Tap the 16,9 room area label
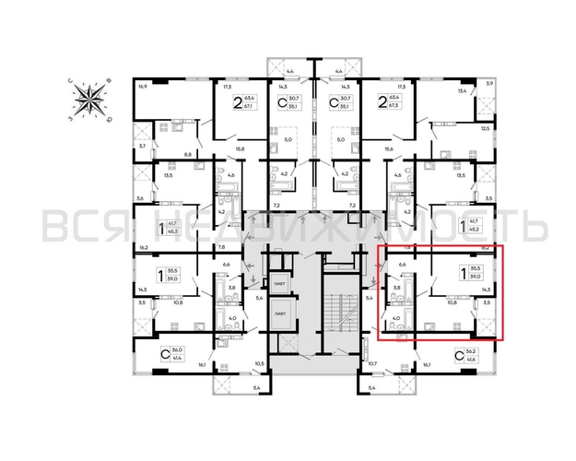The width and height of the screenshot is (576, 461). [x=142, y=88]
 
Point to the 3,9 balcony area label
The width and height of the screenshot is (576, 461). [x=489, y=85]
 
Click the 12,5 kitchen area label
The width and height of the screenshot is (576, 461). [x=485, y=129]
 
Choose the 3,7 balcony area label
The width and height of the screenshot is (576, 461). [x=142, y=147]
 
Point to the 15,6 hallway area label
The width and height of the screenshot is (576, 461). [x=388, y=149]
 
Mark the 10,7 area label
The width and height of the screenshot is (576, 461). [x=372, y=363]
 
